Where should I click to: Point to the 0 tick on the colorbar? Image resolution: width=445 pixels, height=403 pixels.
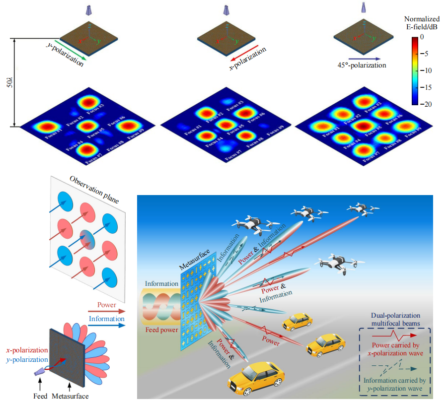point(422,36)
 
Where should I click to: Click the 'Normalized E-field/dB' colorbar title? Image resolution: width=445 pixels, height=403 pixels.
point(422,23)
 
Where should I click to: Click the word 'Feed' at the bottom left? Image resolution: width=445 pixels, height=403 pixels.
point(40,396)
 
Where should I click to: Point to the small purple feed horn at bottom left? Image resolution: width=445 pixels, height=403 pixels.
point(39,372)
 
